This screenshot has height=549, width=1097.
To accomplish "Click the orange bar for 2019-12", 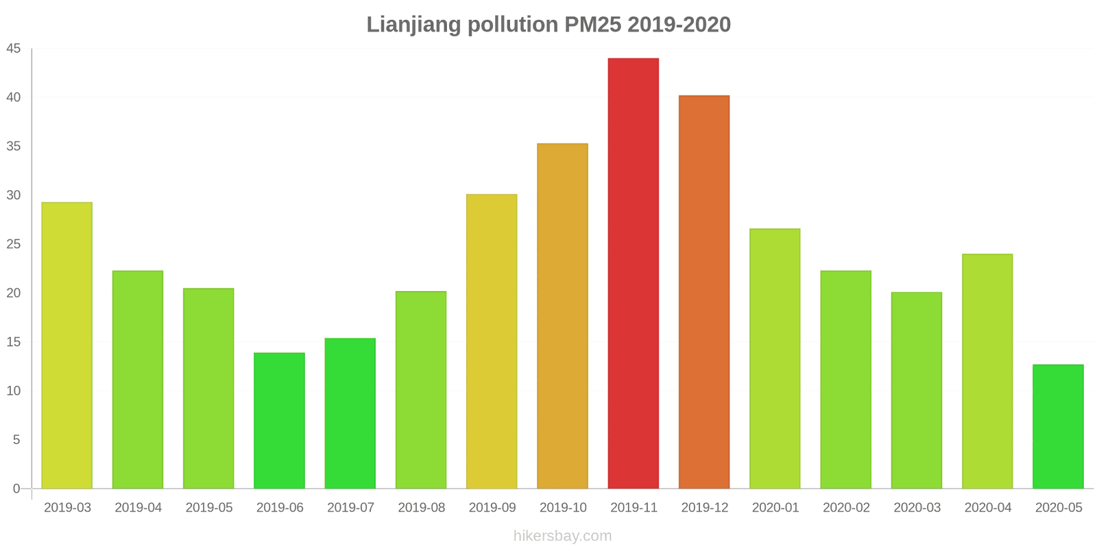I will coord(704,292).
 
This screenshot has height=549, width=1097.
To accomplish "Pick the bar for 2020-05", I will coord(1058,426).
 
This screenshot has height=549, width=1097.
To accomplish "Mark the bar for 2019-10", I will coord(562,316).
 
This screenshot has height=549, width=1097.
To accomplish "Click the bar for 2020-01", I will coord(775,358).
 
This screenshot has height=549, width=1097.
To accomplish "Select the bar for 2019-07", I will coord(350,413).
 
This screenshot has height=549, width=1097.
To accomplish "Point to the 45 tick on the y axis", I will coord(14,49).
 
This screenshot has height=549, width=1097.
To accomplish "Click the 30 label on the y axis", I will coord(14,196).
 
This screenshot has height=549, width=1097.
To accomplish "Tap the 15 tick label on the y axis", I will coord(14,342).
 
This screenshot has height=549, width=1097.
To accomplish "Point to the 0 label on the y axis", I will coord(16,489).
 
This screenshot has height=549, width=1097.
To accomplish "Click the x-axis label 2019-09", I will coord(492,508).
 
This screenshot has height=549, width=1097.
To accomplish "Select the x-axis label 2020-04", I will coord(987,508).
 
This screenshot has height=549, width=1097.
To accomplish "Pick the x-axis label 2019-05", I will coord(209,508).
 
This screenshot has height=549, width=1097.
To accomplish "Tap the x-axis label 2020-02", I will coord(846,508).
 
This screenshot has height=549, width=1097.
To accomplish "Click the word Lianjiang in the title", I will coord(413,25).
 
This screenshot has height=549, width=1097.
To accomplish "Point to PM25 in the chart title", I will coord(592,25).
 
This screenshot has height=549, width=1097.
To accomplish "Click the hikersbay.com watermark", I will coord(562,536).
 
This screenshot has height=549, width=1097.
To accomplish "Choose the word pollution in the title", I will coord(513,25).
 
